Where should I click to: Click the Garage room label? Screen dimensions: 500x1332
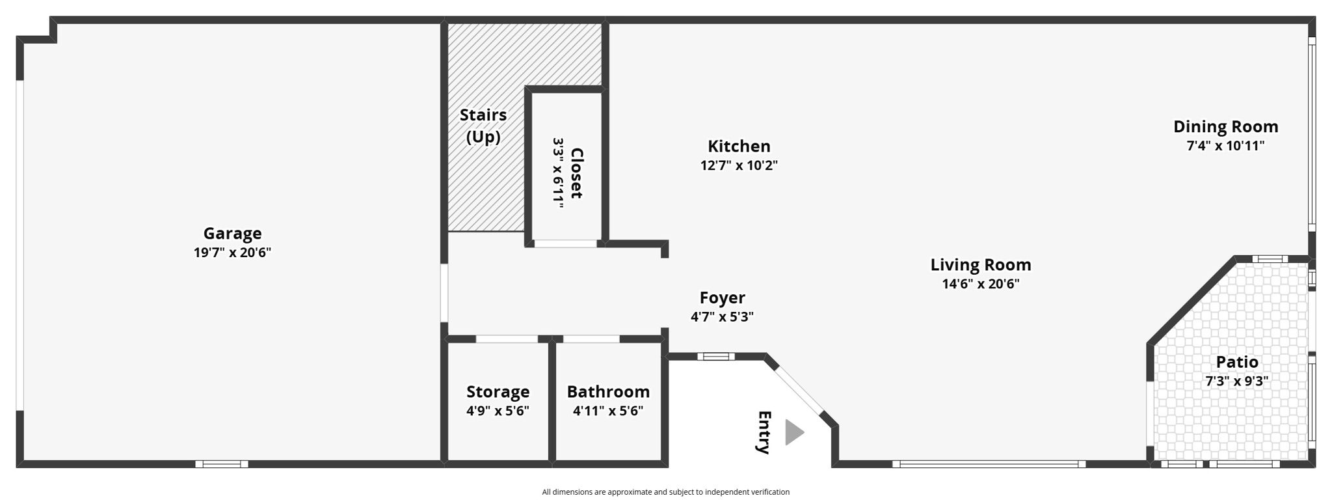(232, 233)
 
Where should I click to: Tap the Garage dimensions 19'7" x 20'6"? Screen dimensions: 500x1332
(232, 253)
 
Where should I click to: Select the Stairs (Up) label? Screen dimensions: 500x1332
(483, 126)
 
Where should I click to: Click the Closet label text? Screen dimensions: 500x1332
(576, 173)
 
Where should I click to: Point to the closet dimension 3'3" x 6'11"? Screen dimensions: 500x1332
(558, 173)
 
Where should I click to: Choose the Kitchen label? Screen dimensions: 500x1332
(739, 146)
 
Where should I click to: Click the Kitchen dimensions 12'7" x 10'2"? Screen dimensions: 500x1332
(739, 165)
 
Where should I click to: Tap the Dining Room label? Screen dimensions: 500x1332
(1225, 126)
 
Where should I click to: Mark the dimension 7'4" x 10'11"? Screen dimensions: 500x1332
(1225, 146)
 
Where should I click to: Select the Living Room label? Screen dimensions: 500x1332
(981, 264)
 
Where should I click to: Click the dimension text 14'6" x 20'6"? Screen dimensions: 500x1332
(981, 284)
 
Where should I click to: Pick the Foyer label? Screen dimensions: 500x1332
(722, 298)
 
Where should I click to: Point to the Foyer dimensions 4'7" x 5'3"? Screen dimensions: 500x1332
(722, 317)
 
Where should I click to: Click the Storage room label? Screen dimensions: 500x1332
(498, 391)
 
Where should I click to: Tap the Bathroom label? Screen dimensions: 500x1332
(608, 391)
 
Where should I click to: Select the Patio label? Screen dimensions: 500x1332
(1237, 362)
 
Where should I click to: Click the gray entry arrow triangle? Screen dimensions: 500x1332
(793, 432)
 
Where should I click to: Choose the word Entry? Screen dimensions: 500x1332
(764, 432)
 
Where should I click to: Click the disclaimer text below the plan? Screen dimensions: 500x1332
(665, 492)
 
